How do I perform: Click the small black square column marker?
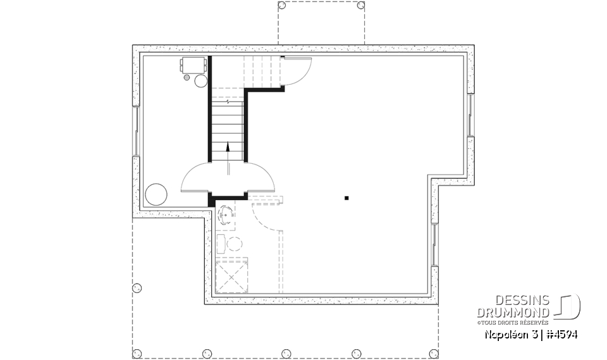pos(346,198)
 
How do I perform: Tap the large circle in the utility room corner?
pos(156,194)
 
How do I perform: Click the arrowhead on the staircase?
pos(228,146)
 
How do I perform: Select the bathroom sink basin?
pos(226,216)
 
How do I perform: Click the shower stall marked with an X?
pos(231,276)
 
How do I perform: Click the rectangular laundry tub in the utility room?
pos(192,65)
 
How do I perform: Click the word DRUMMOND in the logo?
pos(513,313)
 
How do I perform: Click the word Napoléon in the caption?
pos(505,335)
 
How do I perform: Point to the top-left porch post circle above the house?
pos(282,5)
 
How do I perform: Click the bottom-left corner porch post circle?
pos(137,352)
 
